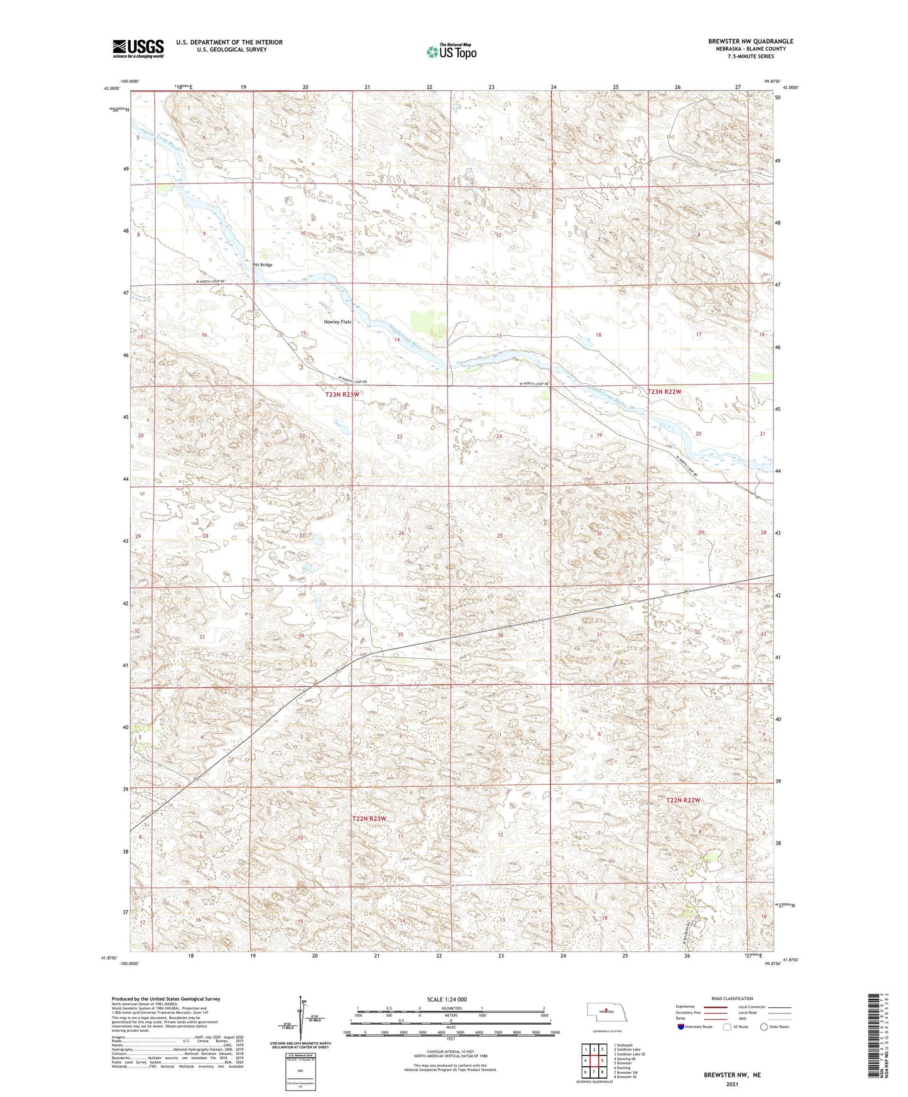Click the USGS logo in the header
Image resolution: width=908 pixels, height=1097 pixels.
coord(138,48)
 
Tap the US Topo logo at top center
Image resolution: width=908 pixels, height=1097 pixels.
coord(451,52)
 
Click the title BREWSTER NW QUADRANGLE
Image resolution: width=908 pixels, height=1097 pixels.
coord(750,41)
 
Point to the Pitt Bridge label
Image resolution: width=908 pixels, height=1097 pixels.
coord(263,265)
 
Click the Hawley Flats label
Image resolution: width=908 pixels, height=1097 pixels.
coord(337,322)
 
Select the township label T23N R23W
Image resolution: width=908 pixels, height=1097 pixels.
coord(342,395)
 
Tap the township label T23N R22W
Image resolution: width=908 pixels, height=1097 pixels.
coord(664,391)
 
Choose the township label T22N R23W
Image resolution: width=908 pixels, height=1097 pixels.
coord(369,819)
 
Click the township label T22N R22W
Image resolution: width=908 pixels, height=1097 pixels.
coord(683,800)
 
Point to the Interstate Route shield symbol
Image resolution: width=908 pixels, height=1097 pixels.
coord(681,1027)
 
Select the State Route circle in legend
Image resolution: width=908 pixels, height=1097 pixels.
coord(763,1027)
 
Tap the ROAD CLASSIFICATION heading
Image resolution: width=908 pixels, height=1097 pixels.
coord(733,998)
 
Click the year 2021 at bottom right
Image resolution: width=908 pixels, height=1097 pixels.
coord(732,1084)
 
